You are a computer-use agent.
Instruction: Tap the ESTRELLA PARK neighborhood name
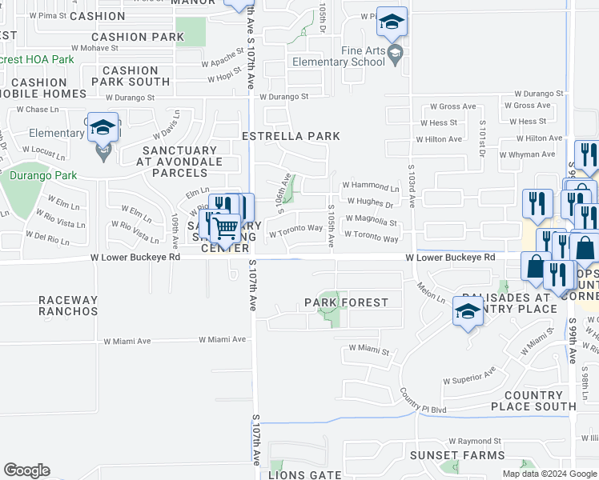point(291,137)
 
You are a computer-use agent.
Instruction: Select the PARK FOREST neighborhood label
point(346,302)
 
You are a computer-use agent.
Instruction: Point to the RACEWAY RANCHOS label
point(68,306)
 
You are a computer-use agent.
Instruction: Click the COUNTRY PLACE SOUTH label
point(534,401)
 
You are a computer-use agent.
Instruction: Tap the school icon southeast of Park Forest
point(468,313)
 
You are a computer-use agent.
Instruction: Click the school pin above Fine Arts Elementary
point(392,23)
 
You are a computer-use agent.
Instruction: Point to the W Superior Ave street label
point(469,375)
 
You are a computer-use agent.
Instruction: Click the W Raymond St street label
point(474,441)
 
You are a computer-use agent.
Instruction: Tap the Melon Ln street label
point(430,291)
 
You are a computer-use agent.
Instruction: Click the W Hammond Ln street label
point(370,186)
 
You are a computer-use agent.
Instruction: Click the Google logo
point(26,470)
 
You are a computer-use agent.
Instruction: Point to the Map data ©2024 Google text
point(549,474)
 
